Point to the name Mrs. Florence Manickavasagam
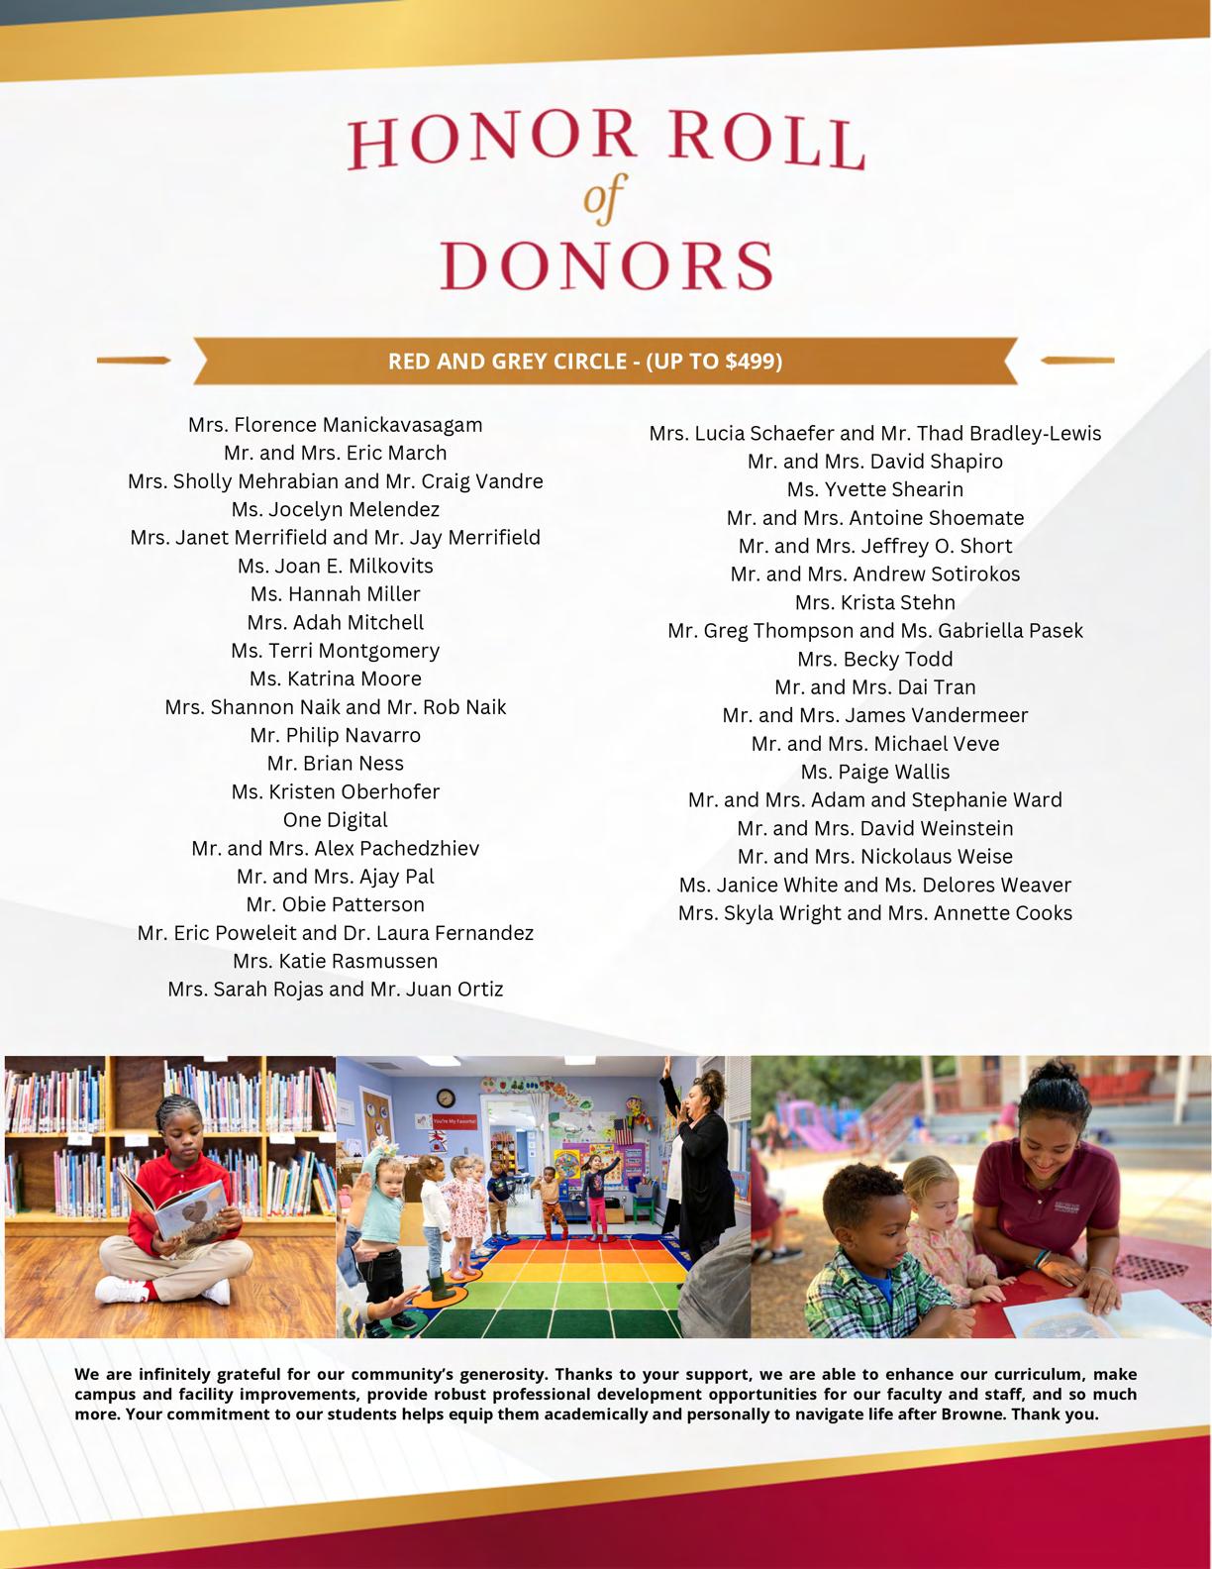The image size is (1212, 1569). [336, 425]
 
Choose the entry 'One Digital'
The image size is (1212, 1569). [336, 820]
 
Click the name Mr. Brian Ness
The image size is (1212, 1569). [336, 764]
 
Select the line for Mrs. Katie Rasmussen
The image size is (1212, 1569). [336, 961]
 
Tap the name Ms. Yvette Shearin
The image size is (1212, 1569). [875, 489]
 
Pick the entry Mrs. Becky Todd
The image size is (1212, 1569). [875, 659]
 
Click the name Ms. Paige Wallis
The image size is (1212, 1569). [875, 772]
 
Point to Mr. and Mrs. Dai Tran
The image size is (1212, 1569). [875, 687]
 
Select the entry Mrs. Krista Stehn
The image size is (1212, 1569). [875, 602]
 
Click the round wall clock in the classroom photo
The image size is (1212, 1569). [446, 1098]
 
